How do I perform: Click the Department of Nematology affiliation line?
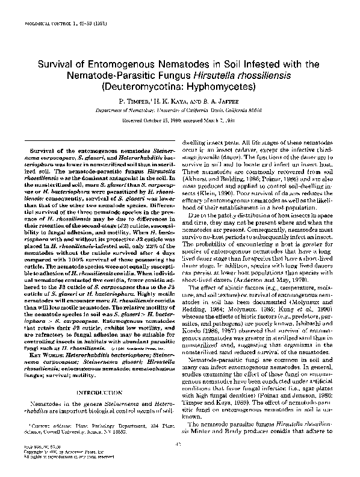click(179, 111)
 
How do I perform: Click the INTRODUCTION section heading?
click(92, 393)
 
